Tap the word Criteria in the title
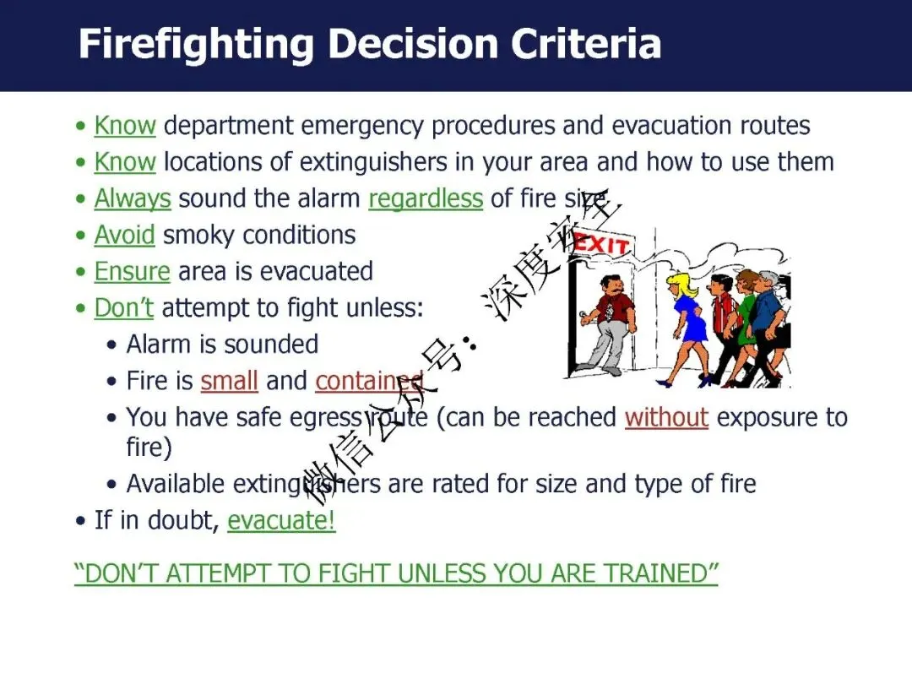(586, 44)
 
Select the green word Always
(133, 199)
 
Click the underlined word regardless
(426, 199)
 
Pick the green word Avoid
(124, 235)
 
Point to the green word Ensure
(132, 272)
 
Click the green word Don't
(124, 307)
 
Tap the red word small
(229, 381)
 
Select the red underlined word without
(666, 417)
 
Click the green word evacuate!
(281, 520)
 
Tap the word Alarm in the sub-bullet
(159, 345)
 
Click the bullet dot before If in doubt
(81, 520)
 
